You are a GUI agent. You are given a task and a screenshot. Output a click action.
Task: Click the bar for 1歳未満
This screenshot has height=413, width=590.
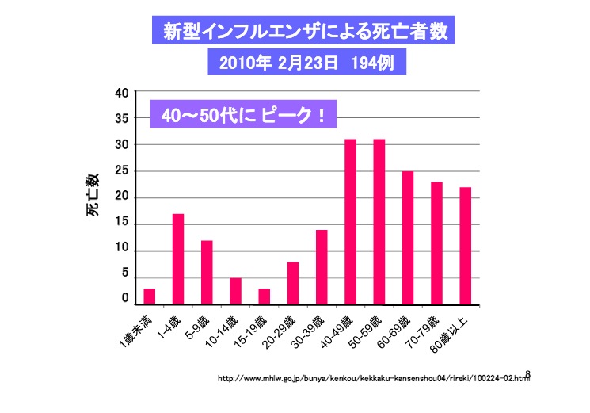click(149, 296)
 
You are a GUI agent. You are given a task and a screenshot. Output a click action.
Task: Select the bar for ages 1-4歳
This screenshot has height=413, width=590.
click(178, 259)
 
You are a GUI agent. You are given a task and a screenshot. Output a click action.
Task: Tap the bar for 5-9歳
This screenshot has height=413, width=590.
click(207, 273)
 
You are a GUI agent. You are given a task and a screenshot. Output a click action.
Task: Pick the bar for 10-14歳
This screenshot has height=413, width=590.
click(235, 291)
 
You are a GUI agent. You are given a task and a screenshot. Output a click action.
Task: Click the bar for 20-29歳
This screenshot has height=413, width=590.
click(293, 283)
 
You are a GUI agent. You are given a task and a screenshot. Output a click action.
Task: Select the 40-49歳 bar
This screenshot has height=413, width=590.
click(350, 222)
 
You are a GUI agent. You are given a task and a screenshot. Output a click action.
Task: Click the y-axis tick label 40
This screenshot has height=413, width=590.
click(121, 93)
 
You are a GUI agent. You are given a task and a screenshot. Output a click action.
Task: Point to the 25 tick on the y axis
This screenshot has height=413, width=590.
click(121, 171)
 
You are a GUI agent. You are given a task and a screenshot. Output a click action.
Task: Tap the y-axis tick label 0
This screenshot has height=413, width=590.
click(124, 299)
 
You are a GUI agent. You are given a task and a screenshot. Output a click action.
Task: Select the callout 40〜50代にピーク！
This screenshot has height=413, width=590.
click(244, 115)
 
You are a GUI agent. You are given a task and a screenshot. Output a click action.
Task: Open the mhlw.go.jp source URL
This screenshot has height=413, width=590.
click(372, 380)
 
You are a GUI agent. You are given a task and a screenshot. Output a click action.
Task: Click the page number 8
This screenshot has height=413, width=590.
click(527, 374)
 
